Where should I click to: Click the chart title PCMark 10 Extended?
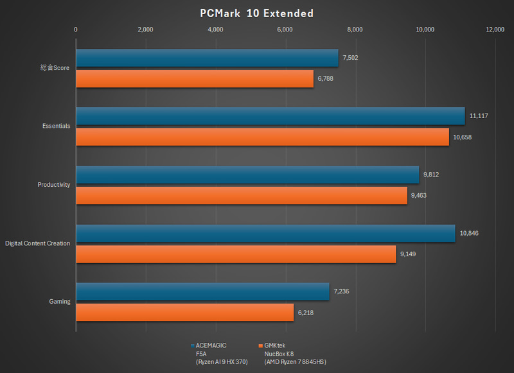tap(256, 13)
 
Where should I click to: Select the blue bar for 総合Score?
tap(207, 58)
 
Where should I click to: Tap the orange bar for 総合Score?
tap(195, 78)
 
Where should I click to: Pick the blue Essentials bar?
tap(270, 116)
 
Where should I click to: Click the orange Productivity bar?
tap(242, 195)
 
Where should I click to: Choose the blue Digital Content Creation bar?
tap(265, 233)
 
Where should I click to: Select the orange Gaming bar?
tap(184, 313)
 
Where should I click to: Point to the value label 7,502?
tap(350, 58)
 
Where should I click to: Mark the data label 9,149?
tap(408, 254)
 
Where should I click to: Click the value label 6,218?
tap(306, 313)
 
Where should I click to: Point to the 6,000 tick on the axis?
tap(285, 29)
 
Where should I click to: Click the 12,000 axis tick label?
tap(495, 29)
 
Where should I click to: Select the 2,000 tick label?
tap(146, 29)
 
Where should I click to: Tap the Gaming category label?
tap(60, 301)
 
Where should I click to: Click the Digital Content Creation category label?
tap(38, 243)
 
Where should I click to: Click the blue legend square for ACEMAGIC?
tap(193, 345)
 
